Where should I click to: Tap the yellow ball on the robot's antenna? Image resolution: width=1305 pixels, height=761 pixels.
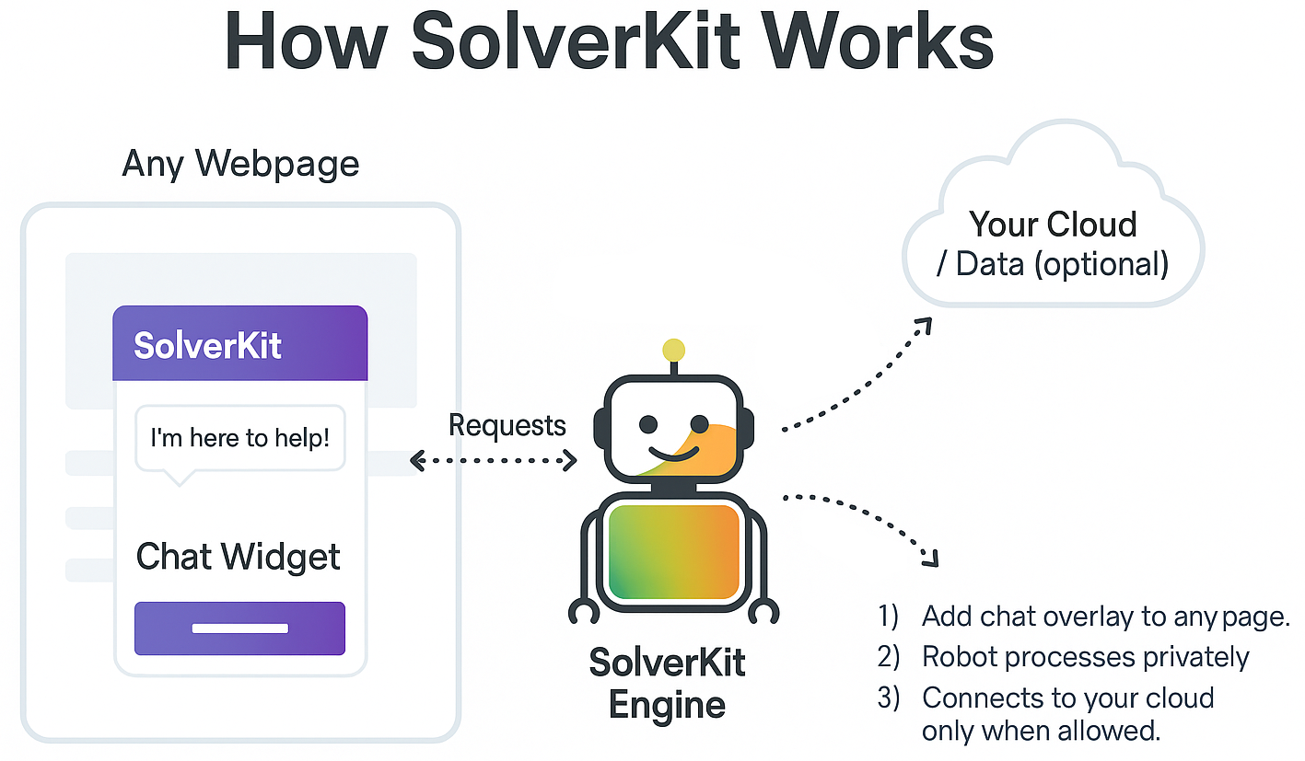pyautogui.click(x=673, y=350)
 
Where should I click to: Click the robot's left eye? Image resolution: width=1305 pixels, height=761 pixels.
pyautogui.click(x=648, y=424)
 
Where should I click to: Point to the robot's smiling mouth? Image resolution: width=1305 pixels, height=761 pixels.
pyautogui.click(x=675, y=453)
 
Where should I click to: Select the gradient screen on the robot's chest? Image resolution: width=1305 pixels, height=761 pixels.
pyautogui.click(x=674, y=551)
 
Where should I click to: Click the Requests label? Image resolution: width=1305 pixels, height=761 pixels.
pyautogui.click(x=507, y=425)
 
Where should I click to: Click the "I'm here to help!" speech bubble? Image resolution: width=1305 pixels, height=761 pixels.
pyautogui.click(x=239, y=438)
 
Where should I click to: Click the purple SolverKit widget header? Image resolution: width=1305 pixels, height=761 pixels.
pyautogui.click(x=239, y=344)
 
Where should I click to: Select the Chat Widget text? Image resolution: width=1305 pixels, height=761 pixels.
pyautogui.click(x=239, y=557)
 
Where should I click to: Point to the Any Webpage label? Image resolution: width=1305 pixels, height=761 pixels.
pyautogui.click(x=240, y=164)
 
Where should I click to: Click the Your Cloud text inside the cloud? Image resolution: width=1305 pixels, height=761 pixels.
pyautogui.click(x=1053, y=225)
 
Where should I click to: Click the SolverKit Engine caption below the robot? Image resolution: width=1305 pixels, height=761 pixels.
pyautogui.click(x=667, y=684)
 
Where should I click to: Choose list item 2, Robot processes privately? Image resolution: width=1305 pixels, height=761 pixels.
pyautogui.click(x=1085, y=657)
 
